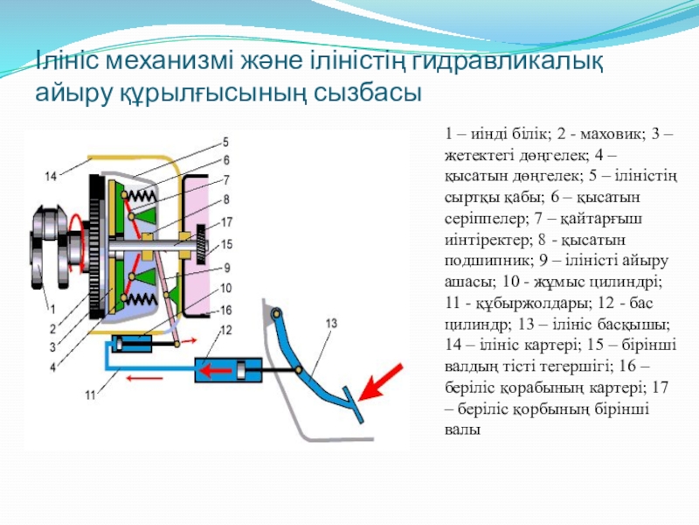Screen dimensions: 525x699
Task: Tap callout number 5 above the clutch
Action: (225, 142)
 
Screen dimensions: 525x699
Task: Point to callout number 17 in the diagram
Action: (225, 221)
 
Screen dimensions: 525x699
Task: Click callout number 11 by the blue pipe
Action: (89, 395)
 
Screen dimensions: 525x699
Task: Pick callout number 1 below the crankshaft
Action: (52, 307)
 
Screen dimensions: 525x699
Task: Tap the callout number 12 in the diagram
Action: (225, 329)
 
